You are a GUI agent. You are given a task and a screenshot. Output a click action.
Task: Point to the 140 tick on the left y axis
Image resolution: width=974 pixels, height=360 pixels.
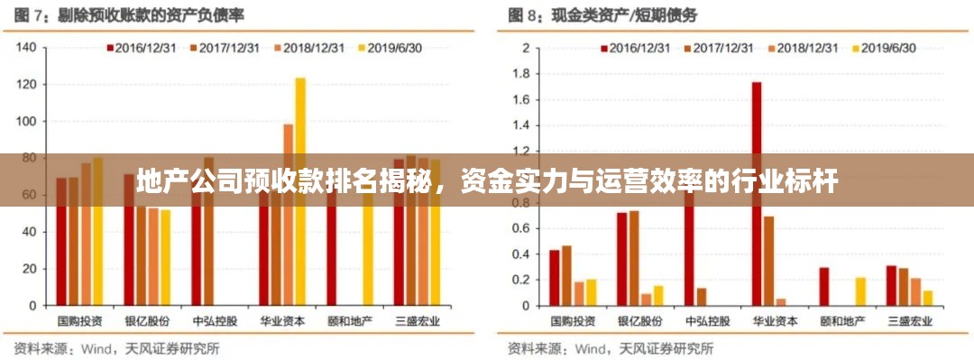26,47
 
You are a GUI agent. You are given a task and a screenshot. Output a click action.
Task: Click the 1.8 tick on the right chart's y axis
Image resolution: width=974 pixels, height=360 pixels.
521,73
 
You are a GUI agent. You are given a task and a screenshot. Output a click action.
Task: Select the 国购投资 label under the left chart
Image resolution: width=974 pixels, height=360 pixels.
79,320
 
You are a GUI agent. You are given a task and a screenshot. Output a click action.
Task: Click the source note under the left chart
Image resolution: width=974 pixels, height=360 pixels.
116,346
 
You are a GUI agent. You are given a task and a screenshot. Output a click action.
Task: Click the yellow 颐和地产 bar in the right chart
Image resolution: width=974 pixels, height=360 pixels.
859,291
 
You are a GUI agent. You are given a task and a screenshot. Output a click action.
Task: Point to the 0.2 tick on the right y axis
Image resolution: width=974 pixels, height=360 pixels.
521,280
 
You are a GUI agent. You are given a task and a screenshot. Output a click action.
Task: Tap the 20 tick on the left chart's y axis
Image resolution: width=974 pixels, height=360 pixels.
29,269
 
